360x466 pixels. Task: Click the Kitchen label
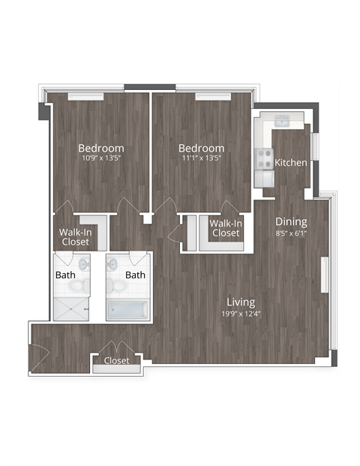click(290, 163)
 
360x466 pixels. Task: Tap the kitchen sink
click(283, 122)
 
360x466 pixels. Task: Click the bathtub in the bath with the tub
click(127, 310)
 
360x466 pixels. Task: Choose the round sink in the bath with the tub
click(113, 264)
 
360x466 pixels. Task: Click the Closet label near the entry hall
click(116, 361)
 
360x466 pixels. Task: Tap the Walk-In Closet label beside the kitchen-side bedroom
click(225, 228)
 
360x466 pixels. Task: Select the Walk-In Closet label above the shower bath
click(76, 237)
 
